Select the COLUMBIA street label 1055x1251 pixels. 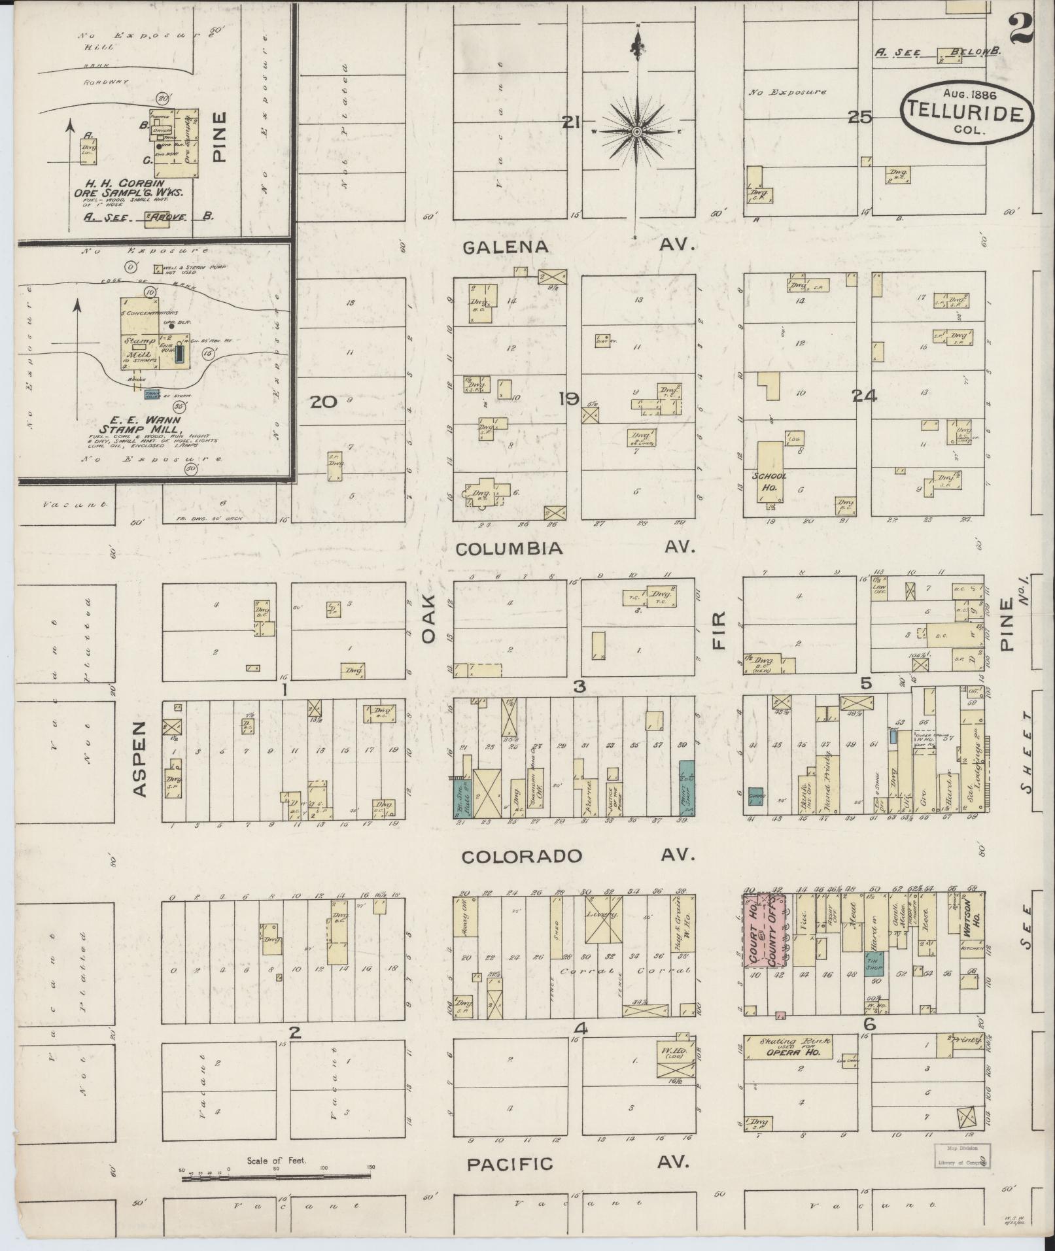pyautogui.click(x=509, y=549)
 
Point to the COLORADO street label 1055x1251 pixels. pyautogui.click(x=521, y=856)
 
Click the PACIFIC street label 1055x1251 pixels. pyautogui.click(x=510, y=1164)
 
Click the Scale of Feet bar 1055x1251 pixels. pyautogui.click(x=277, y=1179)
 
